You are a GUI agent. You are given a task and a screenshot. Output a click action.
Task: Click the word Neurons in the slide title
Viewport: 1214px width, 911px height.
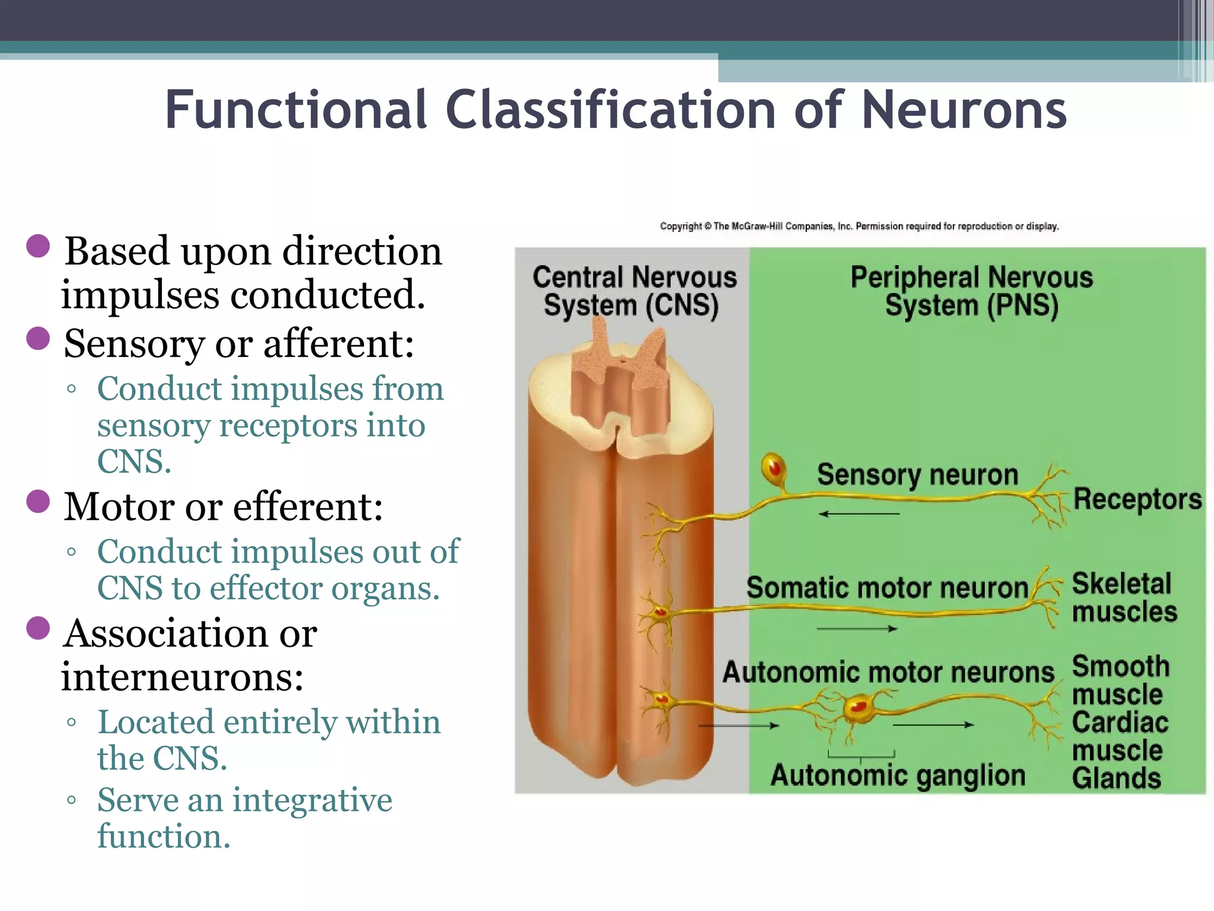click(x=964, y=110)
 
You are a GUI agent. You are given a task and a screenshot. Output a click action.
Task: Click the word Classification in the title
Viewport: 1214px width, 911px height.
click(x=611, y=110)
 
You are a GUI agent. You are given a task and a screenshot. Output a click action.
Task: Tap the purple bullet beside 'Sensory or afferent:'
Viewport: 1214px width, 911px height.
click(x=39, y=339)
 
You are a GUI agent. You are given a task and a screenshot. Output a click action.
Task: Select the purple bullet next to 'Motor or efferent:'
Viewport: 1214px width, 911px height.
click(x=39, y=501)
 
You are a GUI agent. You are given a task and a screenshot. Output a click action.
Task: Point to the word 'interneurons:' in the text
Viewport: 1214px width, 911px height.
click(x=183, y=677)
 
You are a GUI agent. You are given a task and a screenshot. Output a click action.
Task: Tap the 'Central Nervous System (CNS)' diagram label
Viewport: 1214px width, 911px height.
click(x=633, y=292)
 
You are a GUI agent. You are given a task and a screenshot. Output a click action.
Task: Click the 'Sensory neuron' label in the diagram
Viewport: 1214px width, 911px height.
click(x=917, y=474)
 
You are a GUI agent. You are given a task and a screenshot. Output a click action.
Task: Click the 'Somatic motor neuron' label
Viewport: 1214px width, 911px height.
click(x=887, y=588)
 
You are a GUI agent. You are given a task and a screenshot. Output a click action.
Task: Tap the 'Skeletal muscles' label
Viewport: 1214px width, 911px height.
click(x=1123, y=598)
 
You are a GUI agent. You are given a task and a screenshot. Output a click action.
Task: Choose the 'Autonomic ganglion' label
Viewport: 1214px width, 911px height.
click(x=897, y=776)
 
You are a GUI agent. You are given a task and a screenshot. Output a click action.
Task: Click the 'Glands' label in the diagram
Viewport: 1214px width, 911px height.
click(x=1116, y=778)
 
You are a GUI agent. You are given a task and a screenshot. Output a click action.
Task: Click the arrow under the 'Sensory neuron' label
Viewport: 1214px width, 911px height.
click(x=859, y=514)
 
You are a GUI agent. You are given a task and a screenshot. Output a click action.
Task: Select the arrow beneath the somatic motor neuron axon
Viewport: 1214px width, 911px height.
click(x=857, y=629)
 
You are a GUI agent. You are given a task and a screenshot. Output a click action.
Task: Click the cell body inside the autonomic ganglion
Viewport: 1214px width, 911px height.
click(x=858, y=707)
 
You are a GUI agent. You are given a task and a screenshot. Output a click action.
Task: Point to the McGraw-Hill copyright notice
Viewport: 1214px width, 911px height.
click(x=859, y=226)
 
